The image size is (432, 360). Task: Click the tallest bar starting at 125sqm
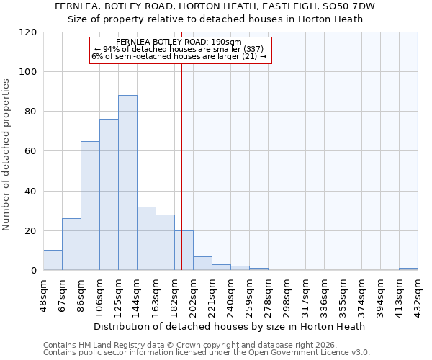click(127, 183)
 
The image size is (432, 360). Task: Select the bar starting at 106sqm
click(109, 194)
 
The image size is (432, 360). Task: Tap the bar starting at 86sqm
click(90, 206)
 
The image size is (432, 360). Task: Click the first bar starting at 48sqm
click(53, 261)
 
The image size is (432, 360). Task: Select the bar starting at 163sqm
click(165, 243)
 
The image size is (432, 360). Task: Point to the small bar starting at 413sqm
click(408, 269)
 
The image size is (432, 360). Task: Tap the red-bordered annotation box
click(180, 50)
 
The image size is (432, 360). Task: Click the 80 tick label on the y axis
click(31, 112)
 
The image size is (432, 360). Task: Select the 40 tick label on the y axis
click(31, 192)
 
